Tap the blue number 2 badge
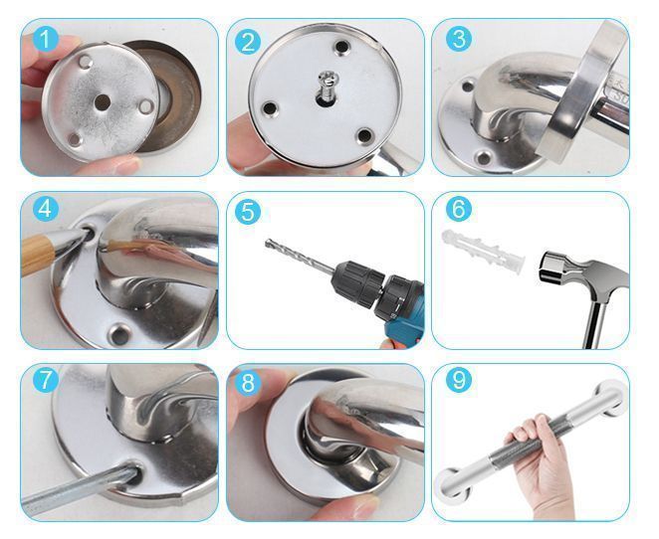click(248, 42)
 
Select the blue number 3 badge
click(459, 39)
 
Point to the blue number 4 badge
click(46, 209)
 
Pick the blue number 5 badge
click(248, 212)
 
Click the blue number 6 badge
click(459, 209)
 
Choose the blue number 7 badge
click(46, 380)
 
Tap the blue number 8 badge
click(248, 383)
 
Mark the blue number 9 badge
click(459, 380)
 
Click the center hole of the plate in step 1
click(103, 102)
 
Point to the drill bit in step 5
click(300, 257)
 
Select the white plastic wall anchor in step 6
click(484, 251)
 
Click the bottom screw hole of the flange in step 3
click(484, 158)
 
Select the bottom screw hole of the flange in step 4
click(119, 334)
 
